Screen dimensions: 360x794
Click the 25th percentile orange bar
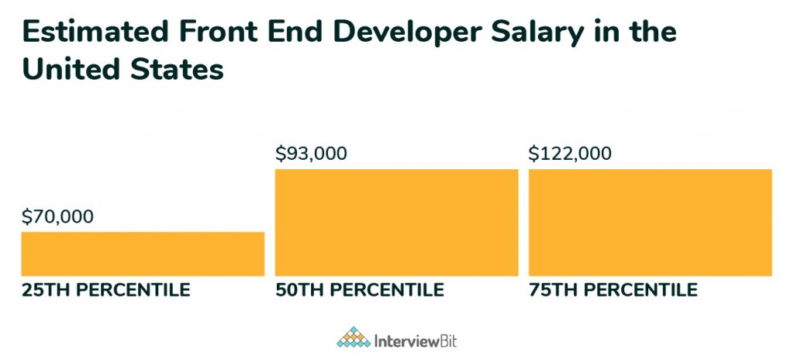[143, 254]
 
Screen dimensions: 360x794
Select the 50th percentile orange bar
[396, 222]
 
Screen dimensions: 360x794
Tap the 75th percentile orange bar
[650, 222]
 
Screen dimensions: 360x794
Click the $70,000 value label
[57, 216]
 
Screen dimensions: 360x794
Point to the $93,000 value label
[311, 153]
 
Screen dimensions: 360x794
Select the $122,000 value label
[570, 153]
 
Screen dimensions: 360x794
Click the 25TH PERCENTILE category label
[105, 291]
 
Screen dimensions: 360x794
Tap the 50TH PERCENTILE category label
[360, 291]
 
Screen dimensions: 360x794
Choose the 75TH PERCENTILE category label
[613, 291]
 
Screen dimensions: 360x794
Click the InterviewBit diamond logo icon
[353, 337]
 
